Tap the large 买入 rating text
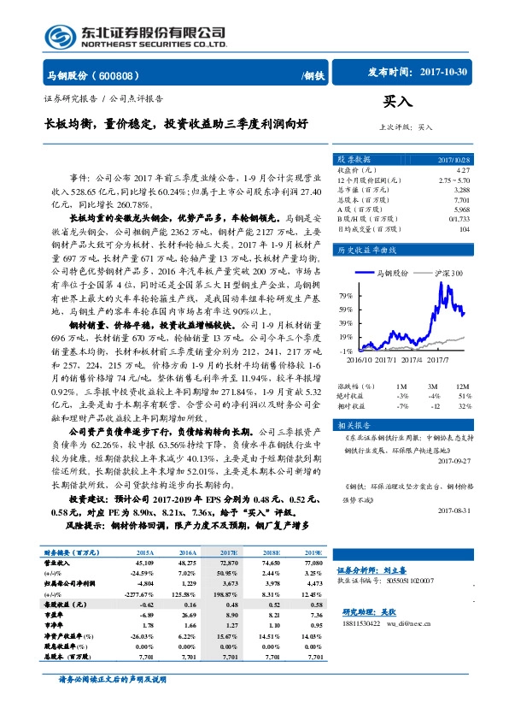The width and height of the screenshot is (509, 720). pyautogui.click(x=397, y=102)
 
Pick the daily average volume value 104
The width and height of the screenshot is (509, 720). pyautogui.click(x=464, y=228)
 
